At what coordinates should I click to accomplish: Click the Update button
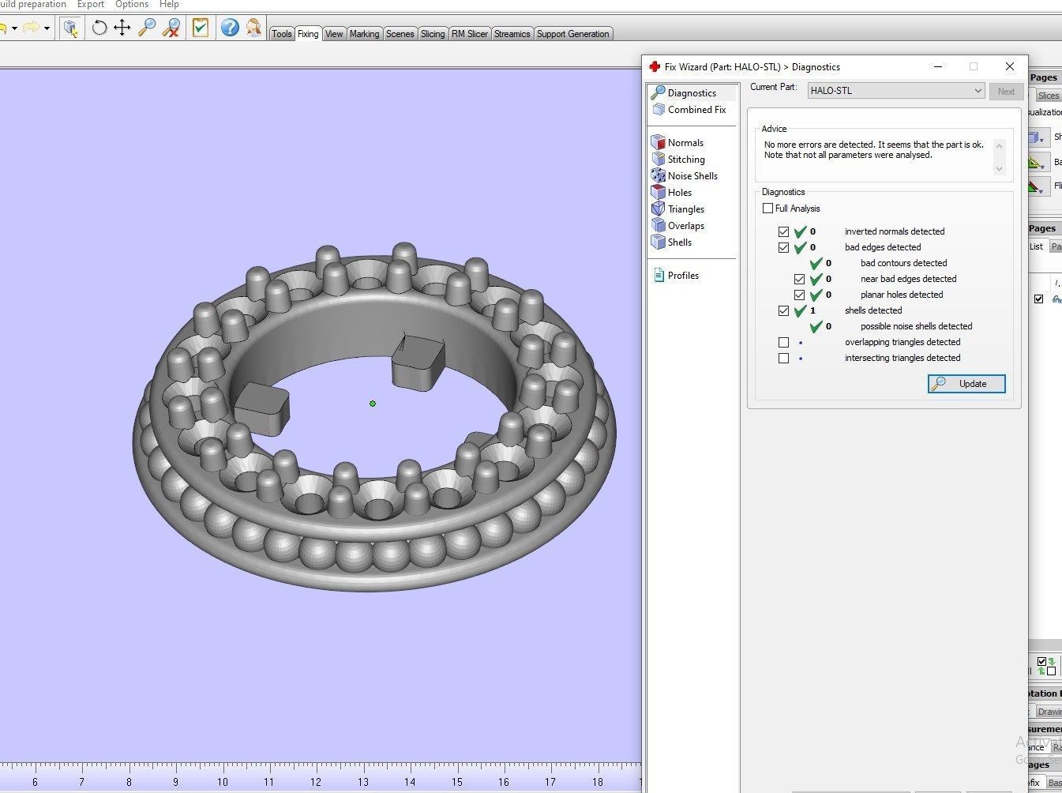(x=966, y=384)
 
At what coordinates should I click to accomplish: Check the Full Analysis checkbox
(x=768, y=209)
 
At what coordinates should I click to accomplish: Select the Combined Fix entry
(x=696, y=110)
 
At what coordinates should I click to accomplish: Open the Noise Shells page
(x=692, y=176)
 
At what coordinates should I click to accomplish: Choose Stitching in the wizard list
(x=685, y=160)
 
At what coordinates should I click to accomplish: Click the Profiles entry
(x=682, y=276)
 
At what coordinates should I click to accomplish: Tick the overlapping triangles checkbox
(x=783, y=342)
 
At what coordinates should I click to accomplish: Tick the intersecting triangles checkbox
(x=783, y=358)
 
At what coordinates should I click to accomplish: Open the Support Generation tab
(x=572, y=34)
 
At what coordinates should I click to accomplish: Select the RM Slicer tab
(x=469, y=34)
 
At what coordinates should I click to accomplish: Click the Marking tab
(x=364, y=34)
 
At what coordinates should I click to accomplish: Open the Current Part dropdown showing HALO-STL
(x=896, y=91)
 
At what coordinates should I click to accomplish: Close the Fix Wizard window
(x=1009, y=66)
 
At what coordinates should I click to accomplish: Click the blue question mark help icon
(x=230, y=28)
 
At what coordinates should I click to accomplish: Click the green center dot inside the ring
(x=373, y=404)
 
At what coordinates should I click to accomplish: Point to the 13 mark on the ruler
(x=362, y=782)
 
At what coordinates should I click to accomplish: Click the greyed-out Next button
(x=1006, y=92)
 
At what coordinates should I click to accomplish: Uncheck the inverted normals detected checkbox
(x=783, y=231)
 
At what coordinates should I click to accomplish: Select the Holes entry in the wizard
(x=679, y=193)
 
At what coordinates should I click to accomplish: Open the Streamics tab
(x=512, y=34)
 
